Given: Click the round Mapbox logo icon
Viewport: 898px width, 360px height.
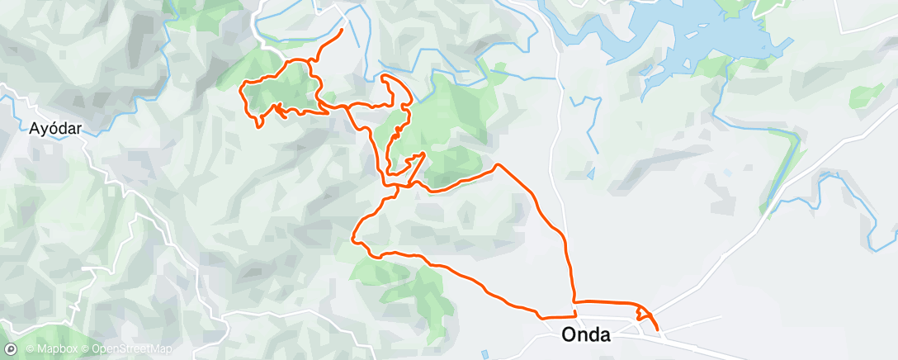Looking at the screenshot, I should (x=12, y=349).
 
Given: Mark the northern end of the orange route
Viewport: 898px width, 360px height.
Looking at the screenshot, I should (x=342, y=31).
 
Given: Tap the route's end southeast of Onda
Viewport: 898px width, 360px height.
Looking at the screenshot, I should (x=658, y=330).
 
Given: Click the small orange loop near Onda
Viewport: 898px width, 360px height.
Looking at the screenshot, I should (x=643, y=315).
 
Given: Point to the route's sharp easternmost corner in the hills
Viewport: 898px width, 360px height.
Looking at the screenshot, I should (x=497, y=165).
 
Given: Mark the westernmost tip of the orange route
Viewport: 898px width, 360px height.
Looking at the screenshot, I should (x=240, y=85).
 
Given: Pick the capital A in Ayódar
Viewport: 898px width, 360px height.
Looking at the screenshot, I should (x=35, y=129).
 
